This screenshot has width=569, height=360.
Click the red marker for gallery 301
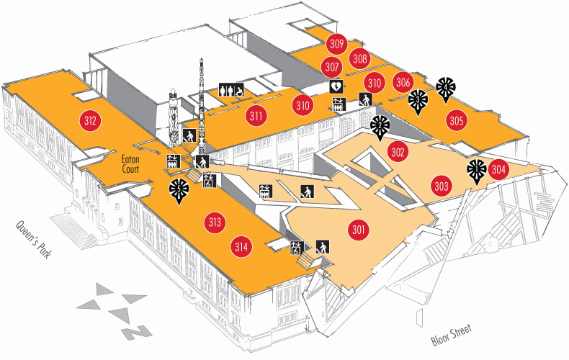coord(359,230)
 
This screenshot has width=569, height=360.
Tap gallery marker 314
coord(241,247)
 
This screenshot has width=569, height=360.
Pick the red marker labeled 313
coord(214,222)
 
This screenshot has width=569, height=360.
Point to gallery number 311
coord(256,114)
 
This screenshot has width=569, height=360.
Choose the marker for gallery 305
coord(456,120)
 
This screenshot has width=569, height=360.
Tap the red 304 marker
coord(499,171)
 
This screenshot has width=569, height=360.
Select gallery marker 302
coord(398,152)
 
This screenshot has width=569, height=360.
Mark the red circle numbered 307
coord(332,67)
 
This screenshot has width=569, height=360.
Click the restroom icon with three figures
coord(232,90)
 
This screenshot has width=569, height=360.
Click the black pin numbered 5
coord(179,191)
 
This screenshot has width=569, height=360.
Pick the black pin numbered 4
coord(446,87)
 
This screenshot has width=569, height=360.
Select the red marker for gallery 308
coord(360,59)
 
